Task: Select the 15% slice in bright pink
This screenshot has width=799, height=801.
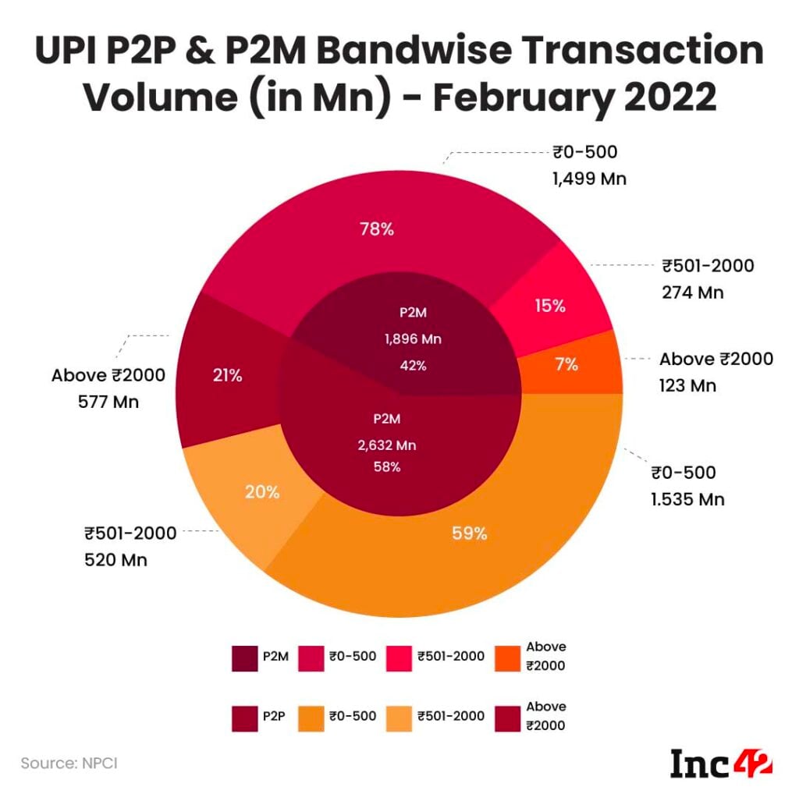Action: tap(550, 306)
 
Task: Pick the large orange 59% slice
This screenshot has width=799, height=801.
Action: tap(470, 533)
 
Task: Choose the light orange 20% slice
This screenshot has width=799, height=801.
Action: tap(262, 491)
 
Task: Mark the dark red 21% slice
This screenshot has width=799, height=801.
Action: tap(227, 375)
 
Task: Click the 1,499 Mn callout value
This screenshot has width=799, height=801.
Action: tap(589, 179)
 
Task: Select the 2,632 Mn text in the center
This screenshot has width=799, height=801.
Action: tap(387, 445)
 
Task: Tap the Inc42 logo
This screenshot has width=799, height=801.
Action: tap(721, 764)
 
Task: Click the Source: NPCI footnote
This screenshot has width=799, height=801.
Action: tap(69, 762)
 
